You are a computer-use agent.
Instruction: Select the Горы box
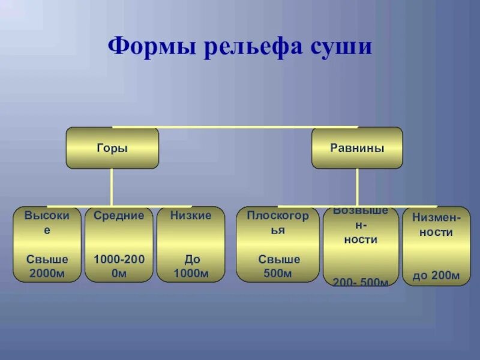112,148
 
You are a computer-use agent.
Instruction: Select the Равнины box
357,148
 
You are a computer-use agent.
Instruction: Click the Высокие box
47,244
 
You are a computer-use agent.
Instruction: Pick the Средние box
119,244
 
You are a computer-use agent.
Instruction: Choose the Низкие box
191,244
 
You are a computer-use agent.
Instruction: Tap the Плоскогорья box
278,244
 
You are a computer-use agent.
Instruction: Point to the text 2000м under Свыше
47,274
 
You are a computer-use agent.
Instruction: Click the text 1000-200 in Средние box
119,260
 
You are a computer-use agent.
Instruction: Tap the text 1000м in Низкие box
191,274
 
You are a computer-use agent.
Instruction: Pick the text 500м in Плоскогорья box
278,274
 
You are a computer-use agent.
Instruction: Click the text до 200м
436,276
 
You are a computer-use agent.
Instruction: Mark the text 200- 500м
361,281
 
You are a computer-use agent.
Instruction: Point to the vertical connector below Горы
112,187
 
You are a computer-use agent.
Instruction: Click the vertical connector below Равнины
357,187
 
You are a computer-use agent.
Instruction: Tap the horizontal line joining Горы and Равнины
234,127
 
